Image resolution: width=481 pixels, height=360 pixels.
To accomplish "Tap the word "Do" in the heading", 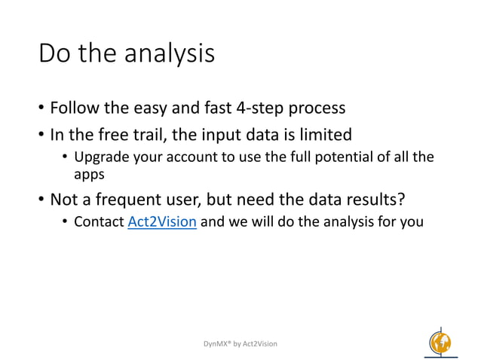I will click(x=54, y=53).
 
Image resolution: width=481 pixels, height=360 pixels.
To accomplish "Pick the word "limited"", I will click(x=324, y=135).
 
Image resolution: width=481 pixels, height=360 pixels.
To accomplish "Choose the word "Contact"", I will click(x=99, y=222).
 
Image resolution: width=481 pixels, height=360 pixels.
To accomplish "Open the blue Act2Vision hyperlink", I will click(x=162, y=222).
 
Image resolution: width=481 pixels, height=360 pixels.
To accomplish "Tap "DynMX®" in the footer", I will click(x=219, y=343).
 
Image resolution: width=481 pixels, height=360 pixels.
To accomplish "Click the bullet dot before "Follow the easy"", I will click(x=41, y=108).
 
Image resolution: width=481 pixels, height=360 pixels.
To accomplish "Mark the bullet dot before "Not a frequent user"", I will click(x=41, y=200).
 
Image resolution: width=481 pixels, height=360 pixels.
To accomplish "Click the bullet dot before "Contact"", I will click(x=66, y=223).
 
